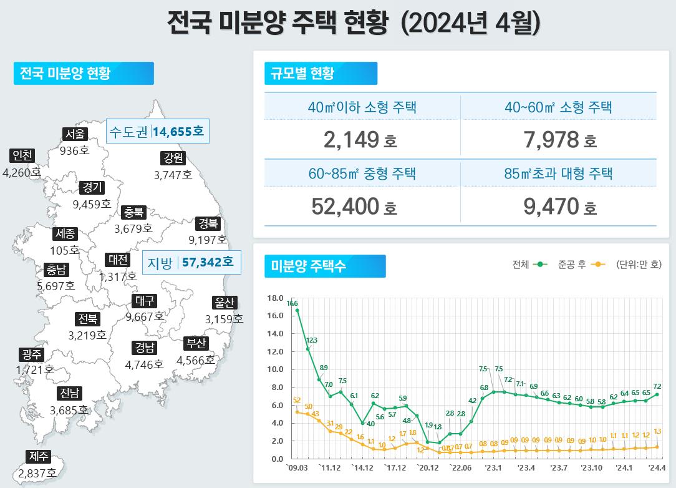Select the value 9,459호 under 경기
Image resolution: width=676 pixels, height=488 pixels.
92,203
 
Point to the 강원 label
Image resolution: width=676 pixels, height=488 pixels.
173,159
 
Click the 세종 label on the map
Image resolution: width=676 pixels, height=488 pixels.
65,234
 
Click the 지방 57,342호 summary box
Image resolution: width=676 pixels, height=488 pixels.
191,263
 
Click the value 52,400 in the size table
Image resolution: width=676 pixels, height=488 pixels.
345,206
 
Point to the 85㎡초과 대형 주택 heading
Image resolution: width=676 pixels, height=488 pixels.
559,173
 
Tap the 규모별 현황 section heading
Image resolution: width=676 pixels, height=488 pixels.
302,73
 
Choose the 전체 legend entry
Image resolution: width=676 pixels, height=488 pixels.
529,265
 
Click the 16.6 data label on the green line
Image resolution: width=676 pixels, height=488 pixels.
292,303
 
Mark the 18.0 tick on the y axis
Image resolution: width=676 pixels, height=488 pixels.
275,298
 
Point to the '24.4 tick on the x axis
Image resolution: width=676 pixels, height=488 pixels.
657,467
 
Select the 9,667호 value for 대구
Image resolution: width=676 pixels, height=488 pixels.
145,316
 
